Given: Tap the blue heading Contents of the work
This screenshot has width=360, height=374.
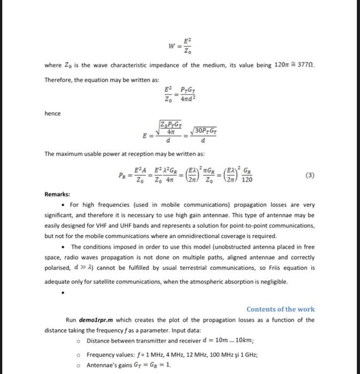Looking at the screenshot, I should [x=280, y=309].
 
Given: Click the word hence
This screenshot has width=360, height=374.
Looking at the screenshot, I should [x=52, y=113].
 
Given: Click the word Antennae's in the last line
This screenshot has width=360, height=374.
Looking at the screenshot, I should [x=103, y=365].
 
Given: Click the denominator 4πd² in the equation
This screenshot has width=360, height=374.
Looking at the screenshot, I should [x=185, y=98].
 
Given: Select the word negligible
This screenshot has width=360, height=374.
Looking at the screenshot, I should [x=272, y=282].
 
